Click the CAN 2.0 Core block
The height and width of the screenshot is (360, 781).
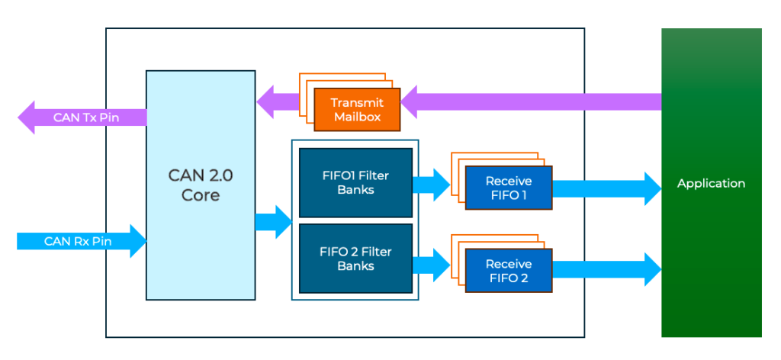[201, 229]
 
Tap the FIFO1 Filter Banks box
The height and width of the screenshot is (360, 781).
[355, 182]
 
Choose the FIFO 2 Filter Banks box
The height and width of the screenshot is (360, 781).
[355, 259]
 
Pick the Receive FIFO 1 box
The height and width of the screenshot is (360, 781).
[509, 188]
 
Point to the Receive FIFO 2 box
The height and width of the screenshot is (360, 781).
[509, 270]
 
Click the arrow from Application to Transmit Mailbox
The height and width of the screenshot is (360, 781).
[534, 102]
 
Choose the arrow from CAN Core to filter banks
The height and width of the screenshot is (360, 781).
[274, 222]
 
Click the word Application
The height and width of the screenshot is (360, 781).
[711, 183]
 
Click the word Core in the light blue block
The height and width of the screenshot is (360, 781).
[201, 195]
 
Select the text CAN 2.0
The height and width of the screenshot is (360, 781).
[201, 175]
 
